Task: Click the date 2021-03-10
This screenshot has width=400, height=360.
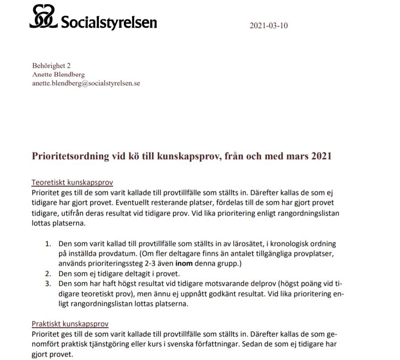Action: click(268, 25)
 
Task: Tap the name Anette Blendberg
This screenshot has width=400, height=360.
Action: click(59, 74)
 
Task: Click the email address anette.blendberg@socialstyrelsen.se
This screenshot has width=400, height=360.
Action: click(86, 83)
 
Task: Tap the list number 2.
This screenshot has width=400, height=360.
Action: click(48, 273)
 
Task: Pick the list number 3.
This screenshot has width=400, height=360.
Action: click(48, 284)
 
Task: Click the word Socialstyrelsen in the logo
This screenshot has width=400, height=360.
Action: click(109, 21)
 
